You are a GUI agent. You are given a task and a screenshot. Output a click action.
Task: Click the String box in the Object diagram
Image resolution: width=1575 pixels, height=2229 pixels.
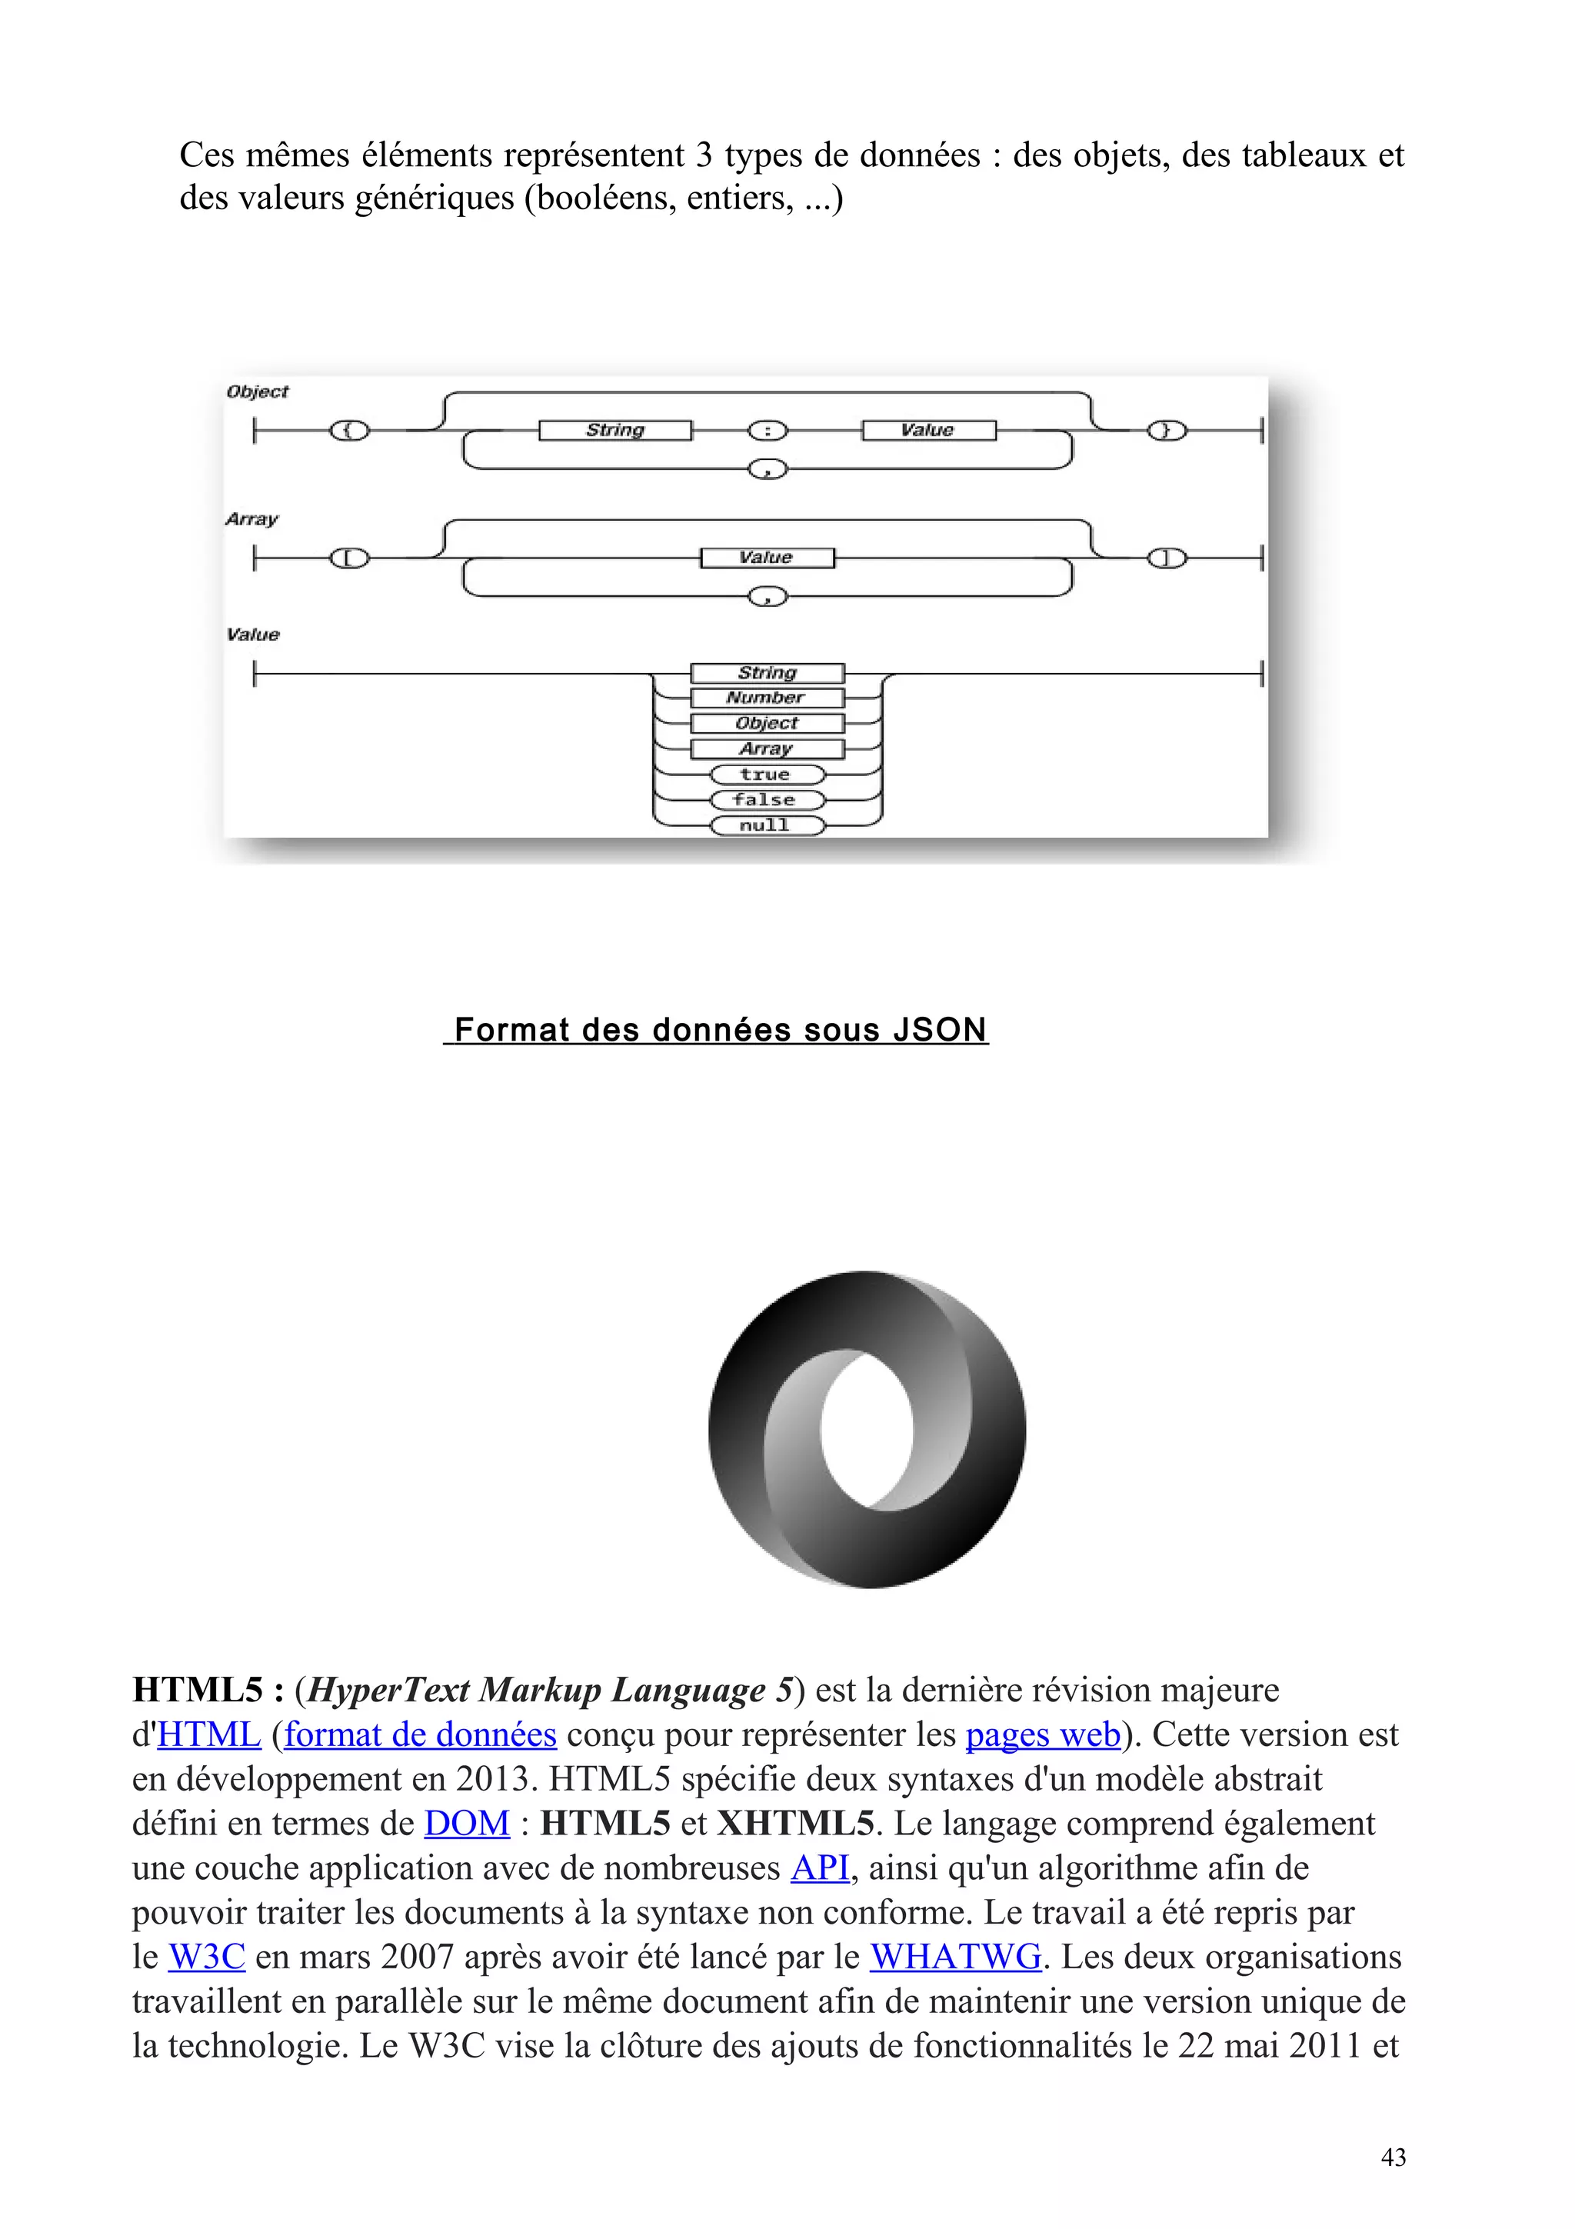click(x=615, y=430)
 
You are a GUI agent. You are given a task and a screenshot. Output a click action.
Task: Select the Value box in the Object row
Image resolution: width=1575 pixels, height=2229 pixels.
click(x=929, y=430)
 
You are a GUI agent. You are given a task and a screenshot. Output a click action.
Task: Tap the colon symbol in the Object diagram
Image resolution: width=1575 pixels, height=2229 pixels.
click(x=768, y=430)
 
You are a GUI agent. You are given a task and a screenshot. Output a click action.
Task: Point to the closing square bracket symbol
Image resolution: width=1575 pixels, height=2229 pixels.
click(x=1167, y=558)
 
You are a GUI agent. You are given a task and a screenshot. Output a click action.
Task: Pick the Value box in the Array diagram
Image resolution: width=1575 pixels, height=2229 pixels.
click(x=767, y=558)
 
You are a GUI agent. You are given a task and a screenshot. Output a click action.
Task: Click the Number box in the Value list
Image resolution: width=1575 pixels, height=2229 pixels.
click(x=767, y=698)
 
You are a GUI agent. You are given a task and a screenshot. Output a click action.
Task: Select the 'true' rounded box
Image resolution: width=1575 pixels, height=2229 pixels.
click(x=767, y=775)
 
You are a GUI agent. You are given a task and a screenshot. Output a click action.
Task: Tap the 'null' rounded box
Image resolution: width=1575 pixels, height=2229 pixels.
click(x=767, y=826)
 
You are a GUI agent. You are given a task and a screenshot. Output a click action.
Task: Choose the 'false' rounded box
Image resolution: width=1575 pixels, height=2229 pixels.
click(x=767, y=800)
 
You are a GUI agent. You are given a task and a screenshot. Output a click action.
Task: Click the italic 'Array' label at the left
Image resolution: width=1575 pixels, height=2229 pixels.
click(x=251, y=519)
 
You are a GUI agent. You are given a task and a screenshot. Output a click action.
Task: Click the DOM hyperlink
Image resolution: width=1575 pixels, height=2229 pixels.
click(x=467, y=1823)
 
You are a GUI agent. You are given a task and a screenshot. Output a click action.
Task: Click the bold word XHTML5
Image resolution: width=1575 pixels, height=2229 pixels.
click(x=796, y=1823)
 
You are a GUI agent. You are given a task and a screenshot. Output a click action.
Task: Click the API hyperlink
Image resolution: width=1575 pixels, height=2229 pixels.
click(x=820, y=1867)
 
